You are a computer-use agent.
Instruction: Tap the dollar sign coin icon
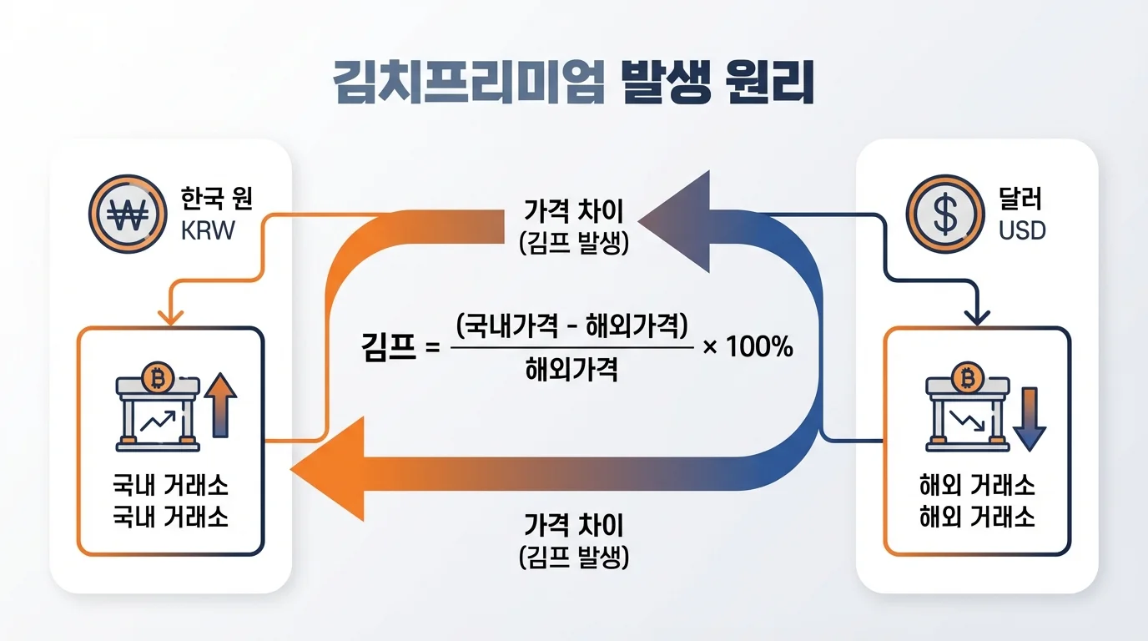947,213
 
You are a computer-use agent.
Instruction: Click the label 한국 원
217,199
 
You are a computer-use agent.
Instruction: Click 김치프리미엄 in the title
467,83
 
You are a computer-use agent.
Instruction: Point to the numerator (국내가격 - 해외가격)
572,325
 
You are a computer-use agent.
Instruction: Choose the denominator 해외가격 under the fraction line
572,368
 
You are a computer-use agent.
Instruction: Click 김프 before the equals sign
390,346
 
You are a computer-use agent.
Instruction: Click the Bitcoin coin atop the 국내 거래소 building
156,377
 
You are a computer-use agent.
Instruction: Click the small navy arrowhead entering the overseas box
976,315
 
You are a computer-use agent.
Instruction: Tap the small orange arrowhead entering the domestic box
171,316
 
